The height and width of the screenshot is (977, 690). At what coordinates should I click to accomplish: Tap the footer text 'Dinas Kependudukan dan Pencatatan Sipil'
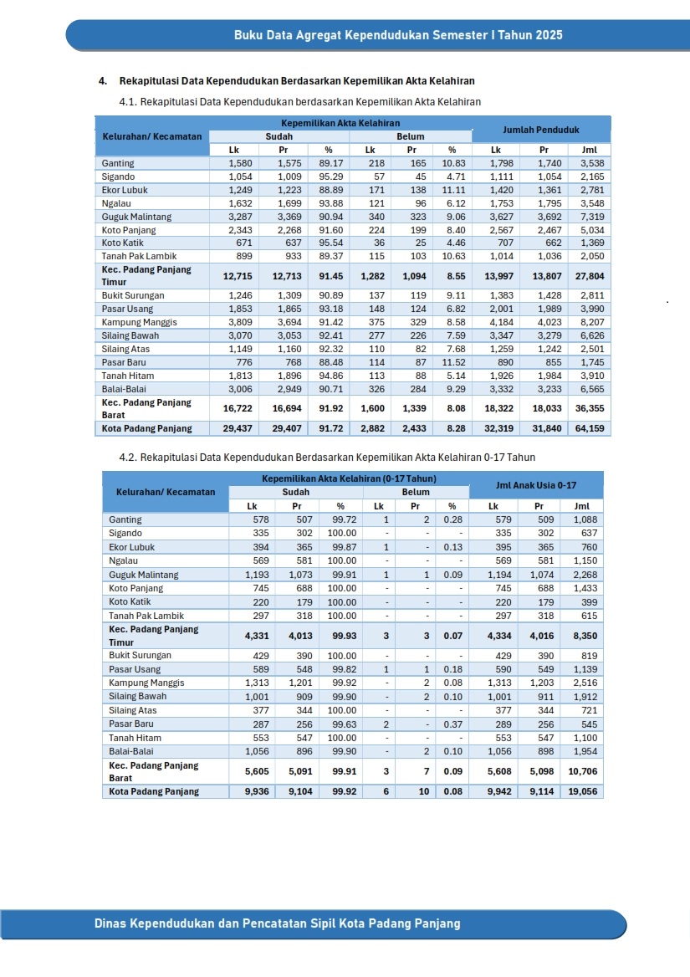coord(277,923)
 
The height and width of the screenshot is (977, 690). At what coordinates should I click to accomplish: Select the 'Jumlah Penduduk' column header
coord(541,130)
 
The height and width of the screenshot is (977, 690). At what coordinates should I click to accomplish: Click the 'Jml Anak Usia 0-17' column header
coord(535,484)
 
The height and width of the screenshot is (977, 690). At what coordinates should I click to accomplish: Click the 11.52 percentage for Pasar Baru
coord(452,362)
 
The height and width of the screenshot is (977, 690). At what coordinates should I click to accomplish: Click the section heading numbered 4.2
coord(327,458)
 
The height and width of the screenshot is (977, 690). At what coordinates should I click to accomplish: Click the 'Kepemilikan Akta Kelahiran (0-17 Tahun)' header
coord(349,478)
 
